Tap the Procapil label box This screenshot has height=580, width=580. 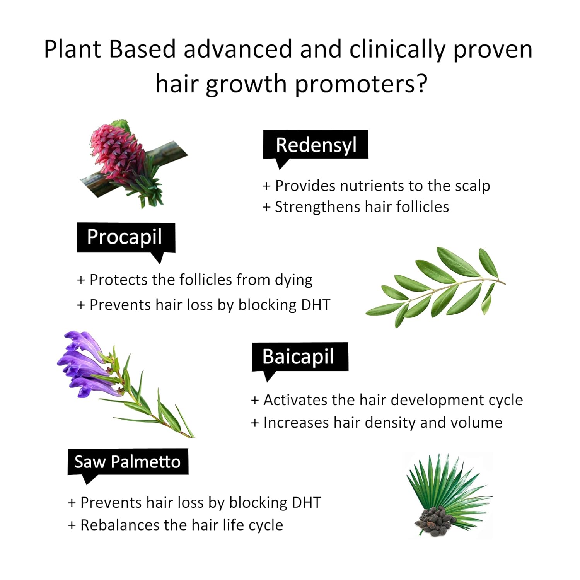[x=126, y=238]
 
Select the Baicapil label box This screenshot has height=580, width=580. [x=300, y=357]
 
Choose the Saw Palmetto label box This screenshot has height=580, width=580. [x=128, y=462]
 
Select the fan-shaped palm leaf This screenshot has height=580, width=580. [x=449, y=483]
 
